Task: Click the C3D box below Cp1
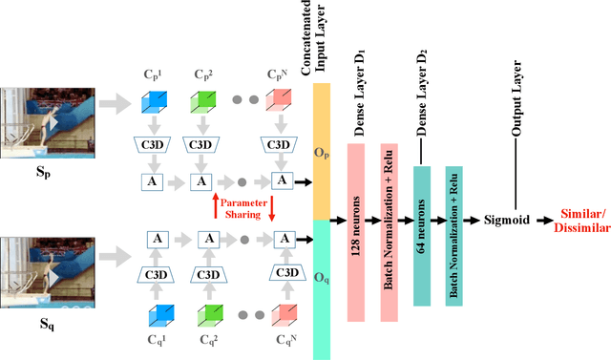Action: (x=153, y=145)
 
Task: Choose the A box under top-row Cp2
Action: (x=201, y=180)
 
